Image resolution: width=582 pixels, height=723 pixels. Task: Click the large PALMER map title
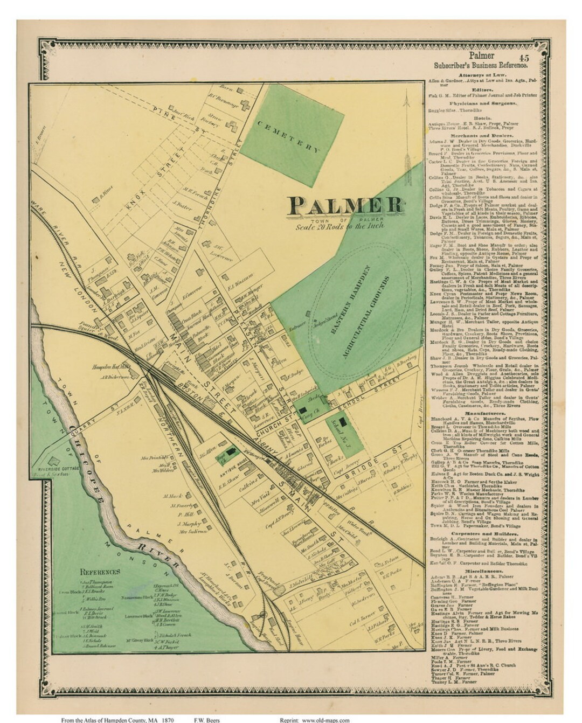coord(346,205)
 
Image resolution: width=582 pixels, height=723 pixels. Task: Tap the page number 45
coord(524,57)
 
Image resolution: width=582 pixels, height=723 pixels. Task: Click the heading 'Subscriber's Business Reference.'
coord(481,66)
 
